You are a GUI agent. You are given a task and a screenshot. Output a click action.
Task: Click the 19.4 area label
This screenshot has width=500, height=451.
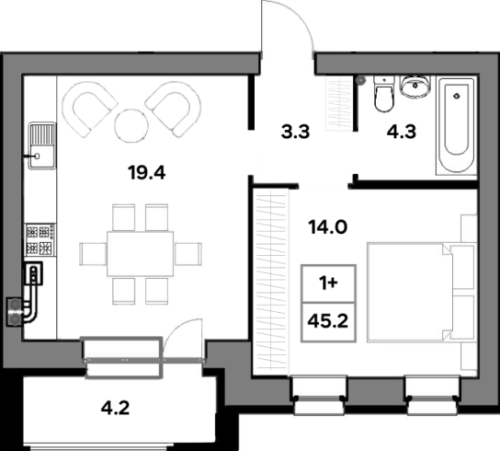click(147, 173)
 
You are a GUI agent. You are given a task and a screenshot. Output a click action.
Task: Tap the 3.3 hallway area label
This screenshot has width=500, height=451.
click(295, 132)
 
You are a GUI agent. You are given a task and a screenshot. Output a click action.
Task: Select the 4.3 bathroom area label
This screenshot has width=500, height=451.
click(402, 132)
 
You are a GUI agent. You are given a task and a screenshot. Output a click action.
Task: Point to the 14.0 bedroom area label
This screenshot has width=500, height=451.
click(328, 227)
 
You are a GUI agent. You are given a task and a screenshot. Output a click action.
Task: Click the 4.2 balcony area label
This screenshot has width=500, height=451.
click(115, 408)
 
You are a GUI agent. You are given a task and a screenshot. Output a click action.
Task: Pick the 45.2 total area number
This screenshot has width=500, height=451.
click(328, 321)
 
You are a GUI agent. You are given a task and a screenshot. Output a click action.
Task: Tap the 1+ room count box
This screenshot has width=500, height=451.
click(328, 283)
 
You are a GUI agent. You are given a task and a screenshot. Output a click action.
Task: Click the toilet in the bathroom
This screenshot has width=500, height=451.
click(384, 93)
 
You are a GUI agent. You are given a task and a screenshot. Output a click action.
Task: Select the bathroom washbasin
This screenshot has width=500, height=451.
click(415, 86)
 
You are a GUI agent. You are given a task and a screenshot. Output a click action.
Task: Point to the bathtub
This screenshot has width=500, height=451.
click(456, 125)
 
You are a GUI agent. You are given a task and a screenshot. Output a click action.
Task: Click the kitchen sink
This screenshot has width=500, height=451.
click(42, 145)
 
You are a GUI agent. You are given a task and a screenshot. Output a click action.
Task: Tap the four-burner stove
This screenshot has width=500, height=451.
click(40, 239)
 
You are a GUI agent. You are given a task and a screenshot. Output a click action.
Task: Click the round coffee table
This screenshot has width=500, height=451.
click(131, 125)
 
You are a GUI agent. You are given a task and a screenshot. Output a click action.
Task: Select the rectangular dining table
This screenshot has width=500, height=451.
click(141, 254)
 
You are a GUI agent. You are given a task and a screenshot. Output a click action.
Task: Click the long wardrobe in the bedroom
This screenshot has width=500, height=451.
click(271, 282)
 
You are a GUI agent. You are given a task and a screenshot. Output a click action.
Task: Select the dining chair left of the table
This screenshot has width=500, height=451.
click(93, 254)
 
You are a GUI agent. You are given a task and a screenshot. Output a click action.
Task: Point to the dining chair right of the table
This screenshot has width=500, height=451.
click(188, 254)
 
